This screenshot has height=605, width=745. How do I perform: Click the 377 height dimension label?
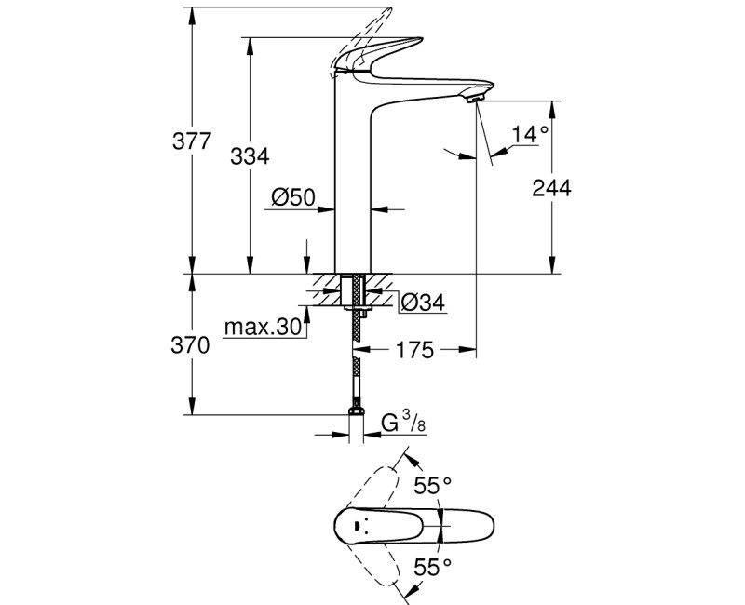(193, 142)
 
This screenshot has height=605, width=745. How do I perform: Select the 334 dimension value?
(250, 157)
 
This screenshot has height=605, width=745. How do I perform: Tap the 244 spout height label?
(551, 187)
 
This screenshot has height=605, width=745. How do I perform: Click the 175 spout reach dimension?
(415, 350)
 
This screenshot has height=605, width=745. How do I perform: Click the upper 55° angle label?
(432, 485)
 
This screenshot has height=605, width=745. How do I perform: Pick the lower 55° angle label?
(432, 564)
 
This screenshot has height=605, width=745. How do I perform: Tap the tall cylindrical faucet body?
(353, 186)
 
